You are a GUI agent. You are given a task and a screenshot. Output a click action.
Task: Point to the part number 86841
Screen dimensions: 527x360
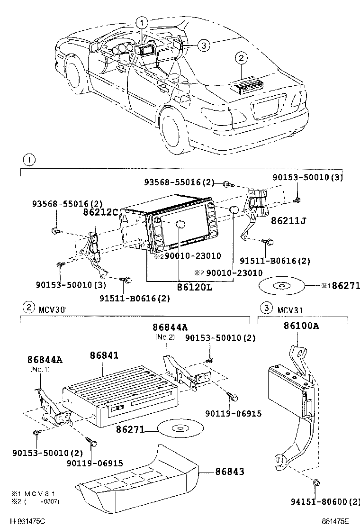coord(104,355)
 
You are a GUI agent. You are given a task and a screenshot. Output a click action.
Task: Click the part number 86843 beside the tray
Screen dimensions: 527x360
coord(230,472)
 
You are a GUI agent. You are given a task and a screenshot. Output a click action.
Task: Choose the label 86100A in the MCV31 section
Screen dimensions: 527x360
coord(301,326)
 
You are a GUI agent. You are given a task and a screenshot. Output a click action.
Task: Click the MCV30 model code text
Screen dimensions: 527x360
coord(53,309)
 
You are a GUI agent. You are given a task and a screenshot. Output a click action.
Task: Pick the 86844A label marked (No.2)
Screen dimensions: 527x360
coord(170,327)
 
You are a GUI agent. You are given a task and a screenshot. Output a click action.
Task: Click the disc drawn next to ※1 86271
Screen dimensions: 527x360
coord(281,286)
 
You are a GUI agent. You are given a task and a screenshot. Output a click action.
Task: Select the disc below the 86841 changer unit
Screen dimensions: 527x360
coord(180,429)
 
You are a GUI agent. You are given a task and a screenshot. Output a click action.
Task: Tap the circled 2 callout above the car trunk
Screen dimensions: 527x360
coord(241,58)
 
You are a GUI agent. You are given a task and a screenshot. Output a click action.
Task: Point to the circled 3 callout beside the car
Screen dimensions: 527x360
coord(202,45)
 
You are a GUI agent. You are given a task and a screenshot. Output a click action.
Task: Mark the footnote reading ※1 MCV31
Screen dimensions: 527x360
coord(31,493)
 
